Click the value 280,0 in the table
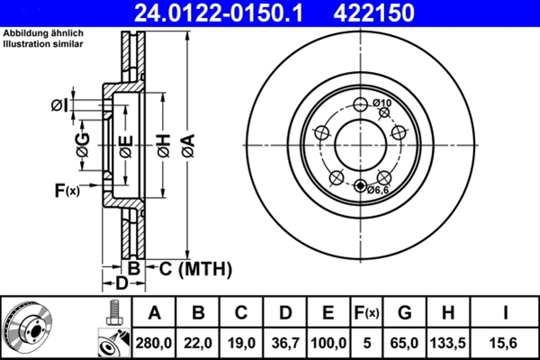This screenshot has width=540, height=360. pyautogui.click(x=154, y=342)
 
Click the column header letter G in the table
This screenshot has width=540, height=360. pyautogui.click(x=405, y=313)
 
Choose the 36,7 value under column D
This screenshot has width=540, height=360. pyautogui.click(x=284, y=342)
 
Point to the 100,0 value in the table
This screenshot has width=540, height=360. pyautogui.click(x=328, y=342)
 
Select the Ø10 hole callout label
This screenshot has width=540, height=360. pyautogui.click(x=382, y=103)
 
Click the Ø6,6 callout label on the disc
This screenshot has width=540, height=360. pyautogui.click(x=377, y=190)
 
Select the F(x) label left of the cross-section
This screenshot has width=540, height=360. pyautogui.click(x=67, y=190)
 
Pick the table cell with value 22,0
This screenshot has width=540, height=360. pyautogui.click(x=198, y=342)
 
